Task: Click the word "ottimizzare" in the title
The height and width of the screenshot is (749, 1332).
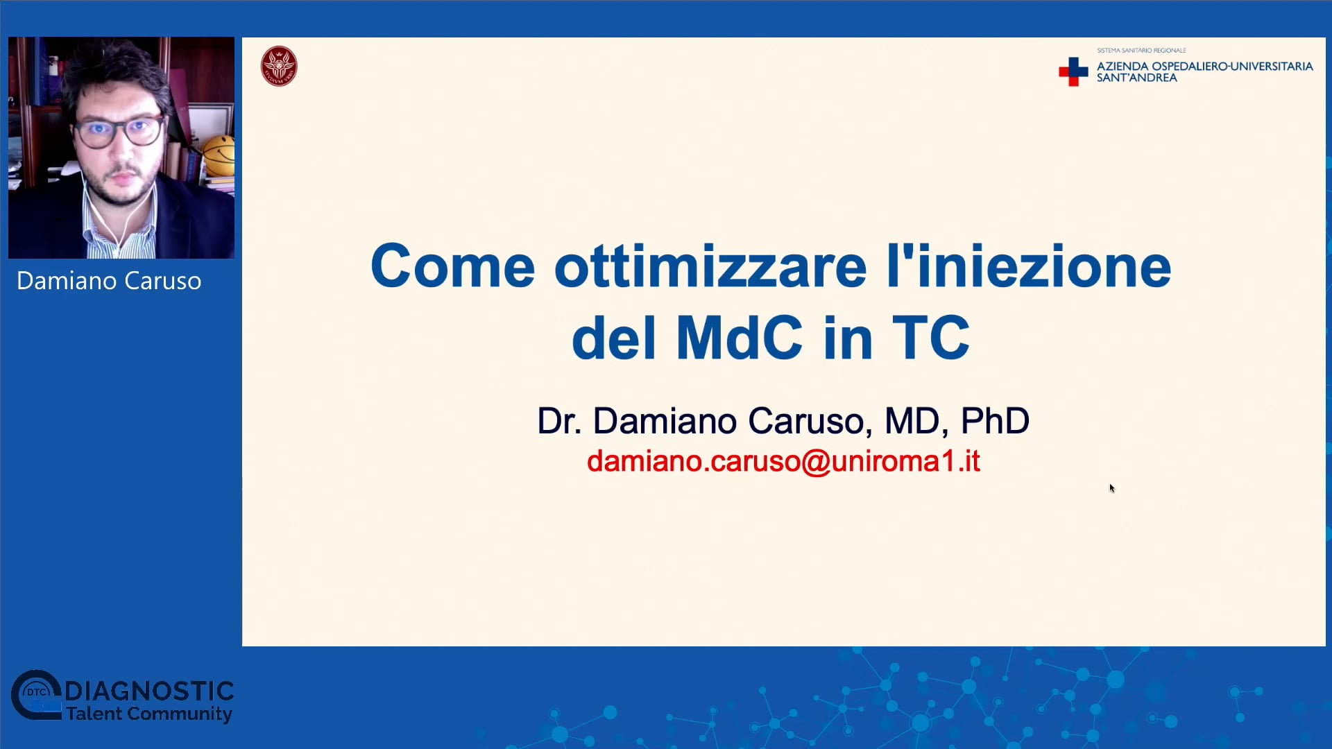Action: pos(710,266)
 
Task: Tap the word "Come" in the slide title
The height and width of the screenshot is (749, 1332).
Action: pos(453,266)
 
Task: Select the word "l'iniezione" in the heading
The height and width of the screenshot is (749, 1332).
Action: pos(1029,266)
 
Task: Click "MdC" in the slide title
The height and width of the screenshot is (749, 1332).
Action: pos(740,338)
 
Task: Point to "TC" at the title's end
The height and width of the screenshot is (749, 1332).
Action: pos(930,338)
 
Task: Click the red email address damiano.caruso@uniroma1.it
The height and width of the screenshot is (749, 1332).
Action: pos(783,461)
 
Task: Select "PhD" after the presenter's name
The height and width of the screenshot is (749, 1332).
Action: pos(995,421)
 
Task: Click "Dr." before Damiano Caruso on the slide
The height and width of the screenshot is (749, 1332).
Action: pos(559,421)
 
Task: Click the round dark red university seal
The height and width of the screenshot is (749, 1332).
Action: pos(279,67)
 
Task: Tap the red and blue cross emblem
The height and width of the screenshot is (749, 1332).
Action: pos(1073,71)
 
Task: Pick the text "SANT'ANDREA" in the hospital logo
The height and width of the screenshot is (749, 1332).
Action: pos(1136,78)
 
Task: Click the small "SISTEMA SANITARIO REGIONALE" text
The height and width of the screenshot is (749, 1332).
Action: pos(1141,51)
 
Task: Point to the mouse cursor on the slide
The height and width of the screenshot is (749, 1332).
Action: pos(1111,488)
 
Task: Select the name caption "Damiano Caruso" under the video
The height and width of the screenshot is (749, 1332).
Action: pos(109,281)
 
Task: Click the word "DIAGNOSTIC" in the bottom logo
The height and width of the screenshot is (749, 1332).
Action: pos(149,691)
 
